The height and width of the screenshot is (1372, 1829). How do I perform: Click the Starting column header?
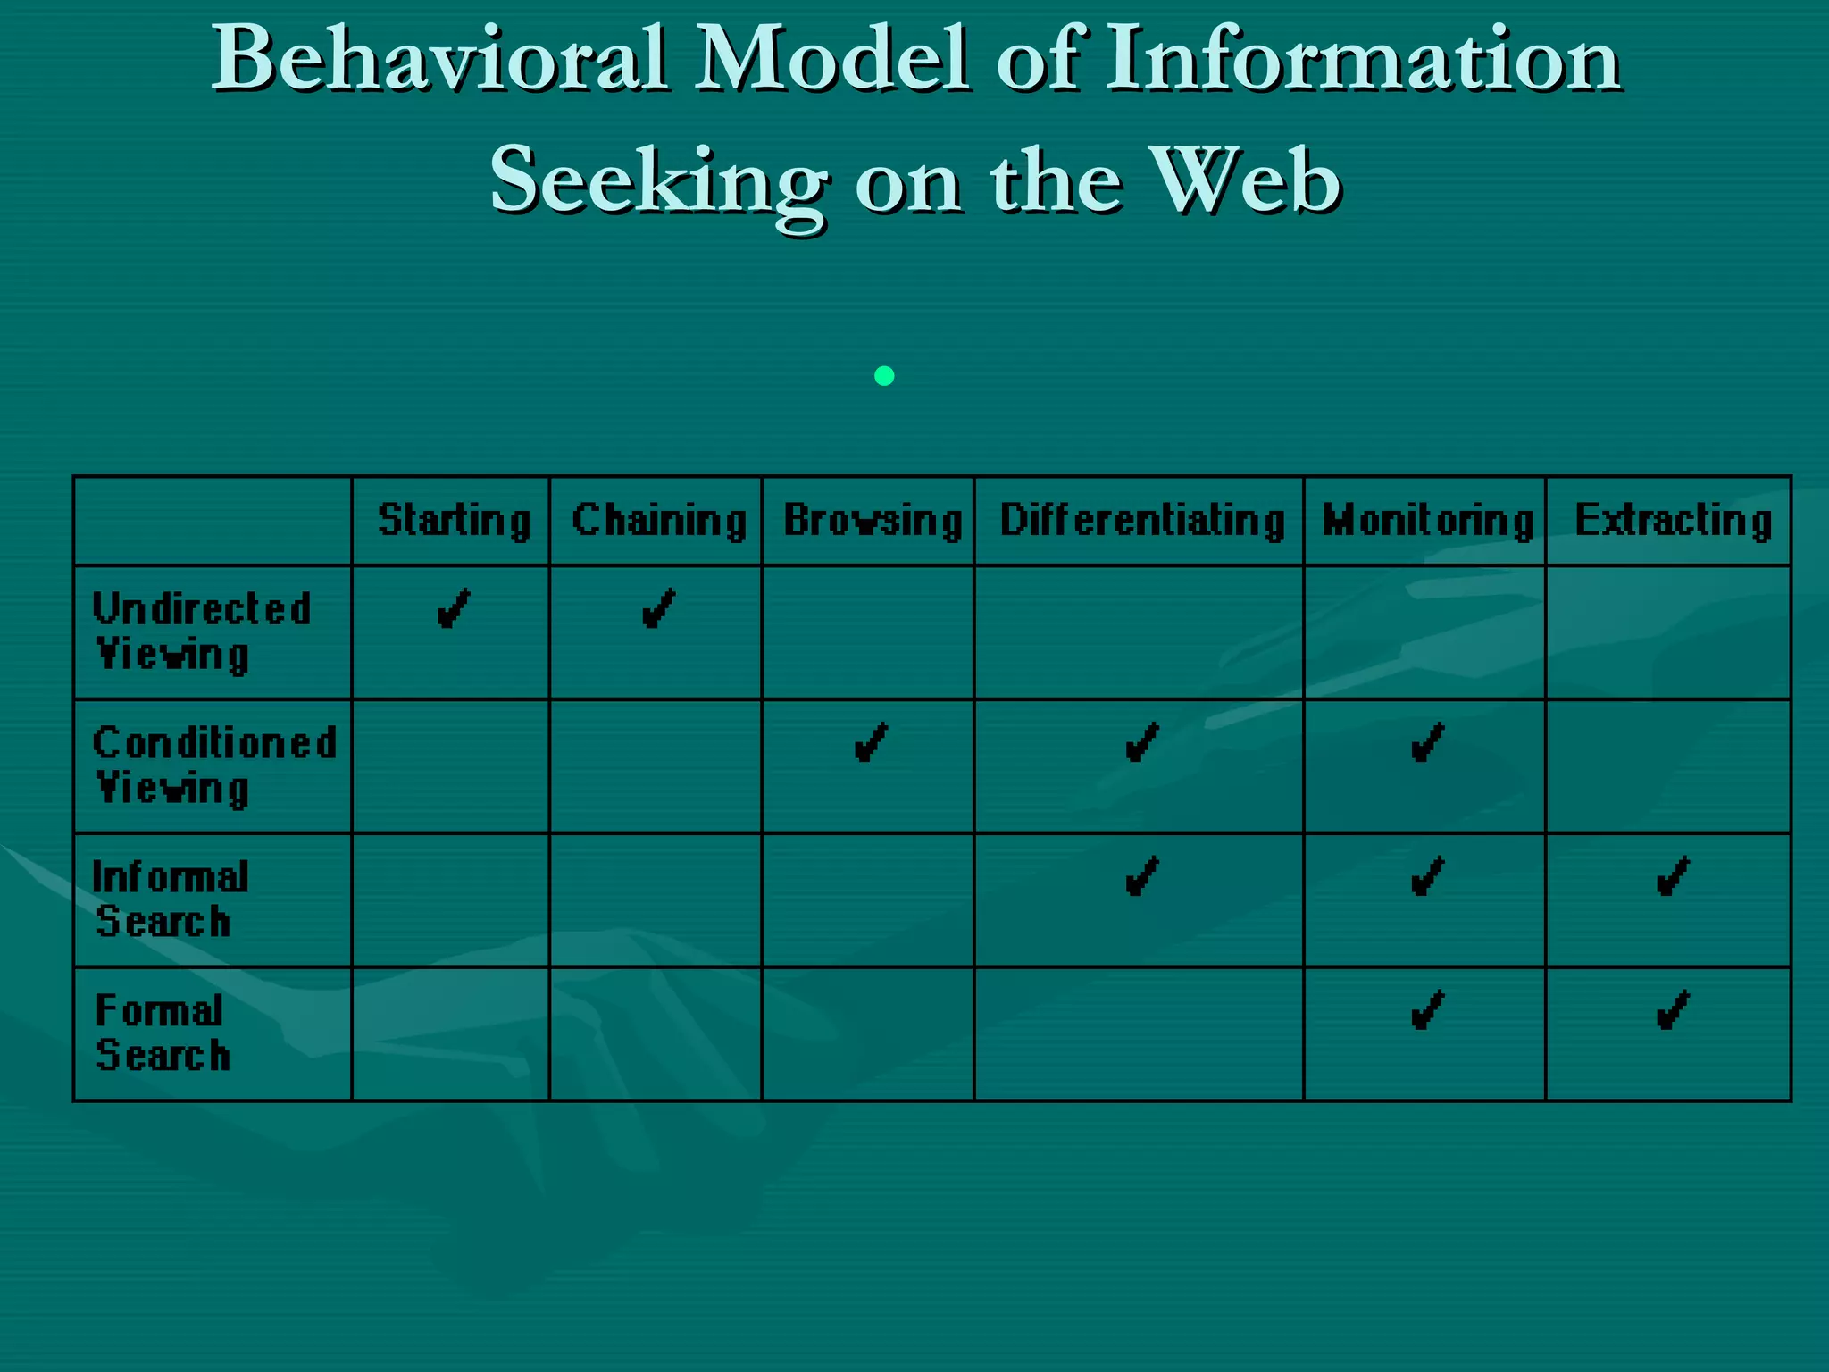[x=454, y=521]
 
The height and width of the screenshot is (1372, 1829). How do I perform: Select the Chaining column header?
[x=659, y=521]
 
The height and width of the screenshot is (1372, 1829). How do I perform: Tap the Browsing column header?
[x=873, y=521]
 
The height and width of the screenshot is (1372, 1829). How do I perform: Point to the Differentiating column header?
[x=1142, y=521]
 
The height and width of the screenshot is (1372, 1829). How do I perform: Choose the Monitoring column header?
[x=1427, y=521]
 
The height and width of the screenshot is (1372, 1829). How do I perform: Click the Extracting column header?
[x=1673, y=521]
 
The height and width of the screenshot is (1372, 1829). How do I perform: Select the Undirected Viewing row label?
[x=203, y=632]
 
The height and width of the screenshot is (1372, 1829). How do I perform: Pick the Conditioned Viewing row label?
[x=214, y=765]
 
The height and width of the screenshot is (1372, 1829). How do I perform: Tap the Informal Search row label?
[x=170, y=899]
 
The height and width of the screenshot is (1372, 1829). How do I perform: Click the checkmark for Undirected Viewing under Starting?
[x=453, y=610]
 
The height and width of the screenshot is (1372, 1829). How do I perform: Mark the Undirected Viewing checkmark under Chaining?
[x=659, y=610]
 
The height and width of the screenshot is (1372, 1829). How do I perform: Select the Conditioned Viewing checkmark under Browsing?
[x=871, y=743]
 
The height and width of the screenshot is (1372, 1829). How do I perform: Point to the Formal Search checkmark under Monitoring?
[x=1427, y=1011]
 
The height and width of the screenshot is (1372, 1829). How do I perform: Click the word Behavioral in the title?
[x=438, y=61]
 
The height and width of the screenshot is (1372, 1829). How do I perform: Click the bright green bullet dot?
[x=884, y=376]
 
